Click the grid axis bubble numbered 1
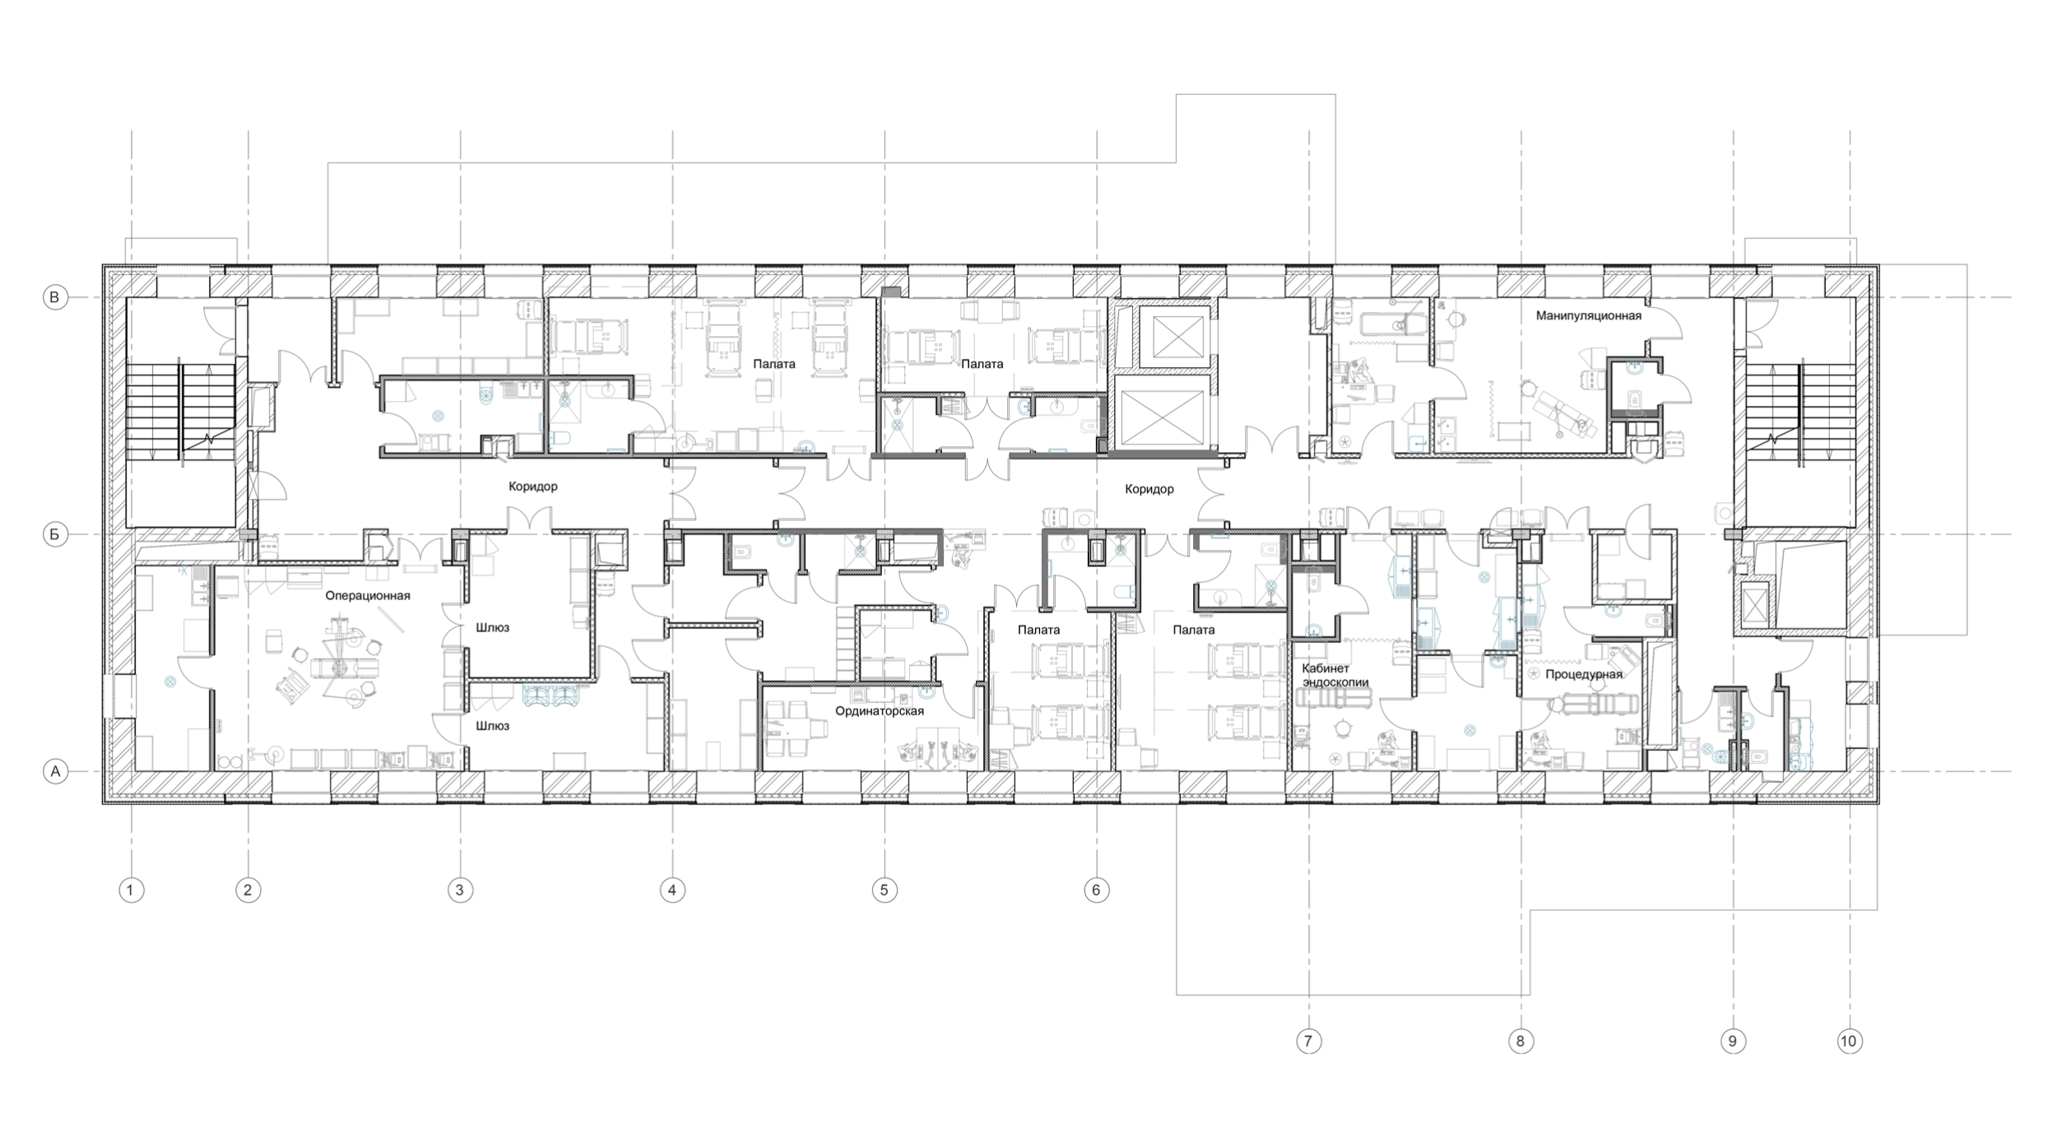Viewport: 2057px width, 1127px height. tap(131, 890)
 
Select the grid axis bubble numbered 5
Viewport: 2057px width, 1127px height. tap(885, 890)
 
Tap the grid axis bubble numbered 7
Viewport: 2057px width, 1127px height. tap(1308, 1041)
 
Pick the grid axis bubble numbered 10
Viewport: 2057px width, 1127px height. tap(1849, 1041)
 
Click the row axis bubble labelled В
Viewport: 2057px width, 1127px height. tap(55, 297)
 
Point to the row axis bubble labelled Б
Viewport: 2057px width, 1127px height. tap(55, 535)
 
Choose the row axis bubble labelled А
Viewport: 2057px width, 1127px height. tap(55, 772)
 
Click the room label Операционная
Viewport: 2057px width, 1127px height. tap(368, 595)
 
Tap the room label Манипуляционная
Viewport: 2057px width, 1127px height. tap(1589, 315)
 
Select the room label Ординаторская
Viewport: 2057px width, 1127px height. tap(880, 710)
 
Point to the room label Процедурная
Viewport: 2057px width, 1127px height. tap(1584, 674)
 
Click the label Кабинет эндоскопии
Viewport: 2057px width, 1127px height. tap(1335, 675)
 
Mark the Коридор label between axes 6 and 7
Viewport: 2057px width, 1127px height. tap(1149, 489)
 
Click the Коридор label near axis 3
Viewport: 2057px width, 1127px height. tap(533, 487)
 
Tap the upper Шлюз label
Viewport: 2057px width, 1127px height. tap(492, 627)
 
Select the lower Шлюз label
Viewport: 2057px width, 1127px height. tap(492, 726)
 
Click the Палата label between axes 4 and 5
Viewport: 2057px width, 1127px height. tap(774, 364)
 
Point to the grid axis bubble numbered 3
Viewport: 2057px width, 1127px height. tap(460, 890)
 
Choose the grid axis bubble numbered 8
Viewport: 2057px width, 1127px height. tap(1521, 1041)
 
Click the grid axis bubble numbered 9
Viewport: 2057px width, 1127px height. tap(1733, 1041)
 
